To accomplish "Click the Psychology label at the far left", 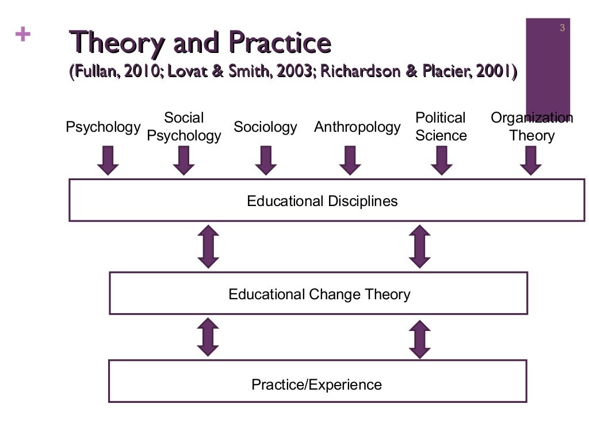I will click(x=103, y=127).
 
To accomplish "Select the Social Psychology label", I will click(x=184, y=127).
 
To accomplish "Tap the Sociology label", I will click(x=265, y=127).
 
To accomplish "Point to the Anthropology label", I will click(x=357, y=127).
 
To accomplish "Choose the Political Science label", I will click(x=441, y=127).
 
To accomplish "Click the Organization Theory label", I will click(x=531, y=127).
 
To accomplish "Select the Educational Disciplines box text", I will click(x=322, y=201).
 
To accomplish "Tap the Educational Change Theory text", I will click(x=319, y=294).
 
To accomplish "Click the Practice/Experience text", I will click(x=316, y=384).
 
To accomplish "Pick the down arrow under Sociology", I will click(x=265, y=160).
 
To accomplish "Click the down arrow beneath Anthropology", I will click(x=350, y=160).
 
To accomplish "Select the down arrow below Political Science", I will click(x=441, y=160).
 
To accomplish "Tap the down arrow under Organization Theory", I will click(x=530, y=160).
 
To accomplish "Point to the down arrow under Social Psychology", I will click(x=183, y=160).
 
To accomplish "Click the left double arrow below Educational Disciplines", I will click(x=208, y=246).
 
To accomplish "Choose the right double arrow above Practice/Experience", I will click(x=420, y=340).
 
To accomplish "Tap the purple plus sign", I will click(x=23, y=35).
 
